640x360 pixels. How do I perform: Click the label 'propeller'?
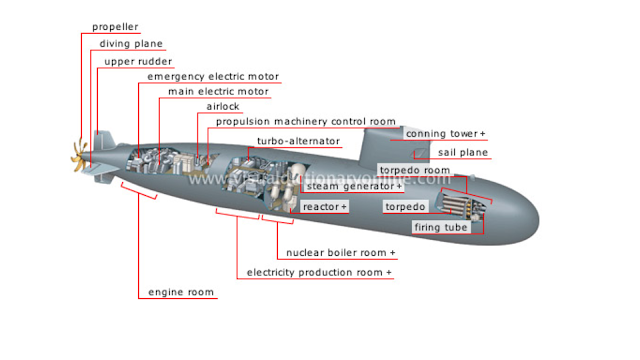[x=115, y=27]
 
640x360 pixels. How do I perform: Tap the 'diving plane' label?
[x=131, y=44]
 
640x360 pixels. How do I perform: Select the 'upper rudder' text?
[x=138, y=62]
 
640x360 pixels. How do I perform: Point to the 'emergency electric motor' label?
[x=213, y=77]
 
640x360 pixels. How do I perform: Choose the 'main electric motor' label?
[x=218, y=91]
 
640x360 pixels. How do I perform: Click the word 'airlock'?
[x=223, y=107]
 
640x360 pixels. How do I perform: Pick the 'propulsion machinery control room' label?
[x=306, y=122]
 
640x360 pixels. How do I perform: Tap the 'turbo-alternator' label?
[x=298, y=141]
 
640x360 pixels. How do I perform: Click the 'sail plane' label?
[x=463, y=153]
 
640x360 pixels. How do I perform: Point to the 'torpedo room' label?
[x=415, y=170]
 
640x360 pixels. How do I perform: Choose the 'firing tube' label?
[x=441, y=227]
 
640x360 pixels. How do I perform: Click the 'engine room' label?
[x=181, y=292]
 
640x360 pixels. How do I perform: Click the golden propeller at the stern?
[x=80, y=156]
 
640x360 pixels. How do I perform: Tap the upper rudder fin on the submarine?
[x=103, y=140]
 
